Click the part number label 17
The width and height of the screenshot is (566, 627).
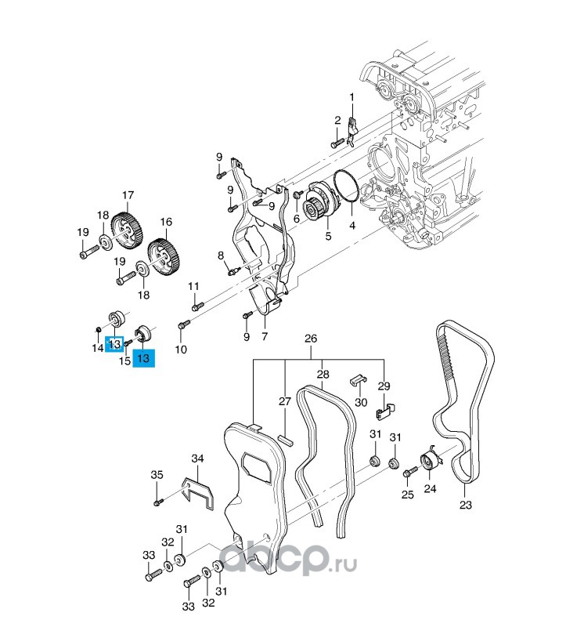tap(128, 195)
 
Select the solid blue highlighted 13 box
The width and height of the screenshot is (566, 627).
tap(143, 358)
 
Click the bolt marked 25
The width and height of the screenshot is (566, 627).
tap(408, 472)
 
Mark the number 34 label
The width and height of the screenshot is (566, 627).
tap(197, 458)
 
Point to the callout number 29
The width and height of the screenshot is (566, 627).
tap(384, 386)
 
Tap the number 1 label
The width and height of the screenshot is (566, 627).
tap(351, 96)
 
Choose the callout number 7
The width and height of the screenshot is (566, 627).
tap(265, 336)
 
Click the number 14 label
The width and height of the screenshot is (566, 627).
tap(98, 347)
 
